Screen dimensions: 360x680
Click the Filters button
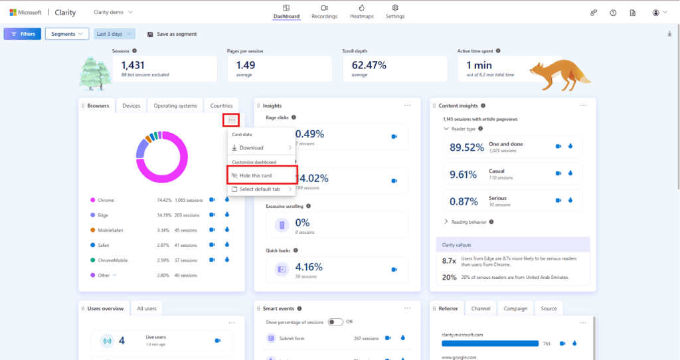coord(23,34)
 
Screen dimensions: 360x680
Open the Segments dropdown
coord(66,34)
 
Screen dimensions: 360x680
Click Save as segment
coord(172,34)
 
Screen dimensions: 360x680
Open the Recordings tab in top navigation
coord(324,11)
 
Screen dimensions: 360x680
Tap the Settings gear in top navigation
coord(395,11)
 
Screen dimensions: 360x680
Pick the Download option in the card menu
coord(252,147)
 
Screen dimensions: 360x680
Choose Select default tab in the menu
coord(260,189)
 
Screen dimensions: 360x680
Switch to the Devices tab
coord(131,106)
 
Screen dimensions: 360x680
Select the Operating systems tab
coord(175,106)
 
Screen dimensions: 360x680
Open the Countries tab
coord(221,106)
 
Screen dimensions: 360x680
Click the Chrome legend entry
coord(106,199)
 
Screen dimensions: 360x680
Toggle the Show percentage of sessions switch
coord(335,322)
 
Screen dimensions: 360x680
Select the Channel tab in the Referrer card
coord(480,308)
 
